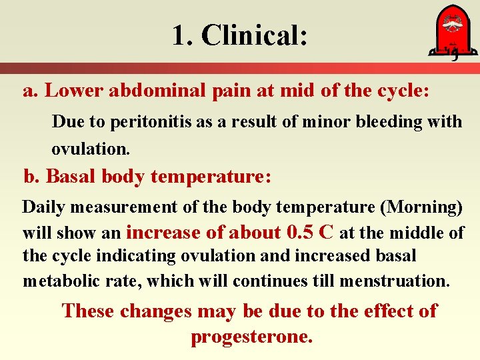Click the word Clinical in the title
click(254, 35)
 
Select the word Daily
click(44, 207)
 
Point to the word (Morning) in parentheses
click(421, 207)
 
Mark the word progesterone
click(251, 337)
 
